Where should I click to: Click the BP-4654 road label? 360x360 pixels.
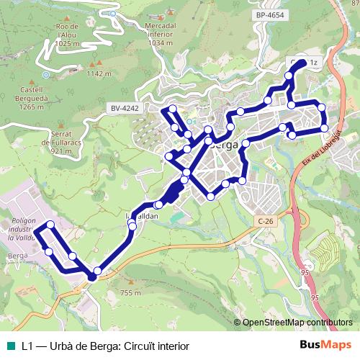coord(270,14)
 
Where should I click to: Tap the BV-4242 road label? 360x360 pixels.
coord(125,108)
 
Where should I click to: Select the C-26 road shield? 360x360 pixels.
coord(265,222)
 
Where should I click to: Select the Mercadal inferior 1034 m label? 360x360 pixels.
coord(161,34)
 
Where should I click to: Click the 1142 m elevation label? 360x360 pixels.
coord(99,73)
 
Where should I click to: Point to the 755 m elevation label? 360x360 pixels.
coord(130,292)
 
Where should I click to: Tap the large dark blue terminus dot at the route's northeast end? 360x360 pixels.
coord(300,64)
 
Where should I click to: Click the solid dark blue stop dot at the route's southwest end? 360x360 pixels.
coord(92,276)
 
